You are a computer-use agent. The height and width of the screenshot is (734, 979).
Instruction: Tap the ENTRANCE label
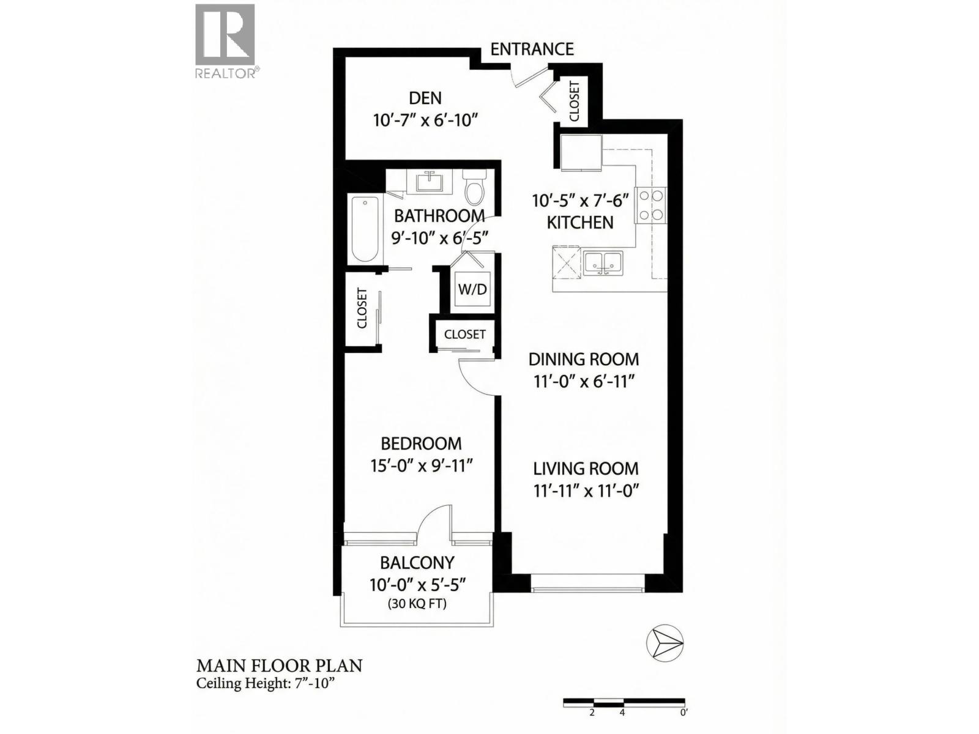[x=532, y=49]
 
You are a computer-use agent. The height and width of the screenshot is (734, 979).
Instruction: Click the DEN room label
[x=425, y=98]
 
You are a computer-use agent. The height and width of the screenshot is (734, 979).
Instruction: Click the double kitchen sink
[x=602, y=263]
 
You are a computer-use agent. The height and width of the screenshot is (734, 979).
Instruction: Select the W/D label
[x=472, y=289]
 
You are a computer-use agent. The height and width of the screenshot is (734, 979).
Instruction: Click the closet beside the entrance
[x=574, y=101]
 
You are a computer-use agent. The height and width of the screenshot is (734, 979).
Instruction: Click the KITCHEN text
[x=580, y=223]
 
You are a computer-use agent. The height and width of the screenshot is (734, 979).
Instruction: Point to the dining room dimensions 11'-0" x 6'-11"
[x=583, y=382]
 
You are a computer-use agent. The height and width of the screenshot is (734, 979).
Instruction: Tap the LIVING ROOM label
[x=586, y=469]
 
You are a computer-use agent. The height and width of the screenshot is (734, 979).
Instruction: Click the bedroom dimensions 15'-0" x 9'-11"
[x=422, y=466]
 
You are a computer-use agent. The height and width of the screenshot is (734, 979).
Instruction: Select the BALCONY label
[x=417, y=562]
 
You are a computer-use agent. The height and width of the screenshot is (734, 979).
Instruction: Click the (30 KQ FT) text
[x=417, y=604]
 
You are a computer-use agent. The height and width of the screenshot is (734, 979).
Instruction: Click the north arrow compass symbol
[x=664, y=643]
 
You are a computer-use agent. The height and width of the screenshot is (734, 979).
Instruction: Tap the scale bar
[x=624, y=702]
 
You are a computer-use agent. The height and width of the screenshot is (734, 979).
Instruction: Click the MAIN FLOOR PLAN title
[x=279, y=665]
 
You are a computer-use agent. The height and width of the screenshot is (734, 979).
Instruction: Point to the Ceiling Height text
[x=266, y=684]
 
